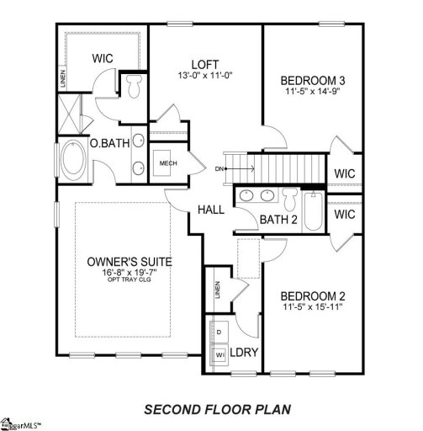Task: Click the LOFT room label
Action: [204, 63]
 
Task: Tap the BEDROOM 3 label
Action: [313, 81]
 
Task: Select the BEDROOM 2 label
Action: [313, 296]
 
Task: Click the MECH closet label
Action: [168, 162]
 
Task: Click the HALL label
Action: [210, 209]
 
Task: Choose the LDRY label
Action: [243, 353]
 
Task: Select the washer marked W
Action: [219, 354]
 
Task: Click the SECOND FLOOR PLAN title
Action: [218, 409]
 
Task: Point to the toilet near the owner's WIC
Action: [134, 86]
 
